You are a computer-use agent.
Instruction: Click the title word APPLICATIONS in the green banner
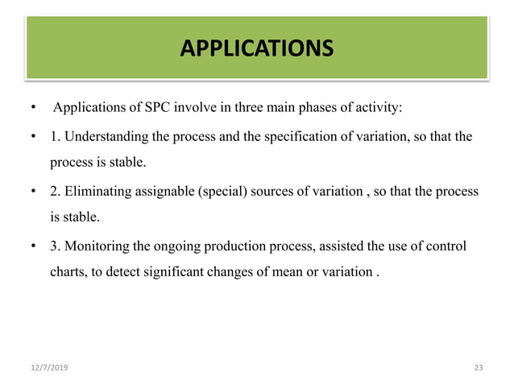(x=256, y=49)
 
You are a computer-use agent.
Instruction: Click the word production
(x=226, y=245)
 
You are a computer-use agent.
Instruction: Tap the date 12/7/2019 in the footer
(x=48, y=367)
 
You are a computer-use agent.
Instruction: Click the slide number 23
(x=479, y=367)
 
